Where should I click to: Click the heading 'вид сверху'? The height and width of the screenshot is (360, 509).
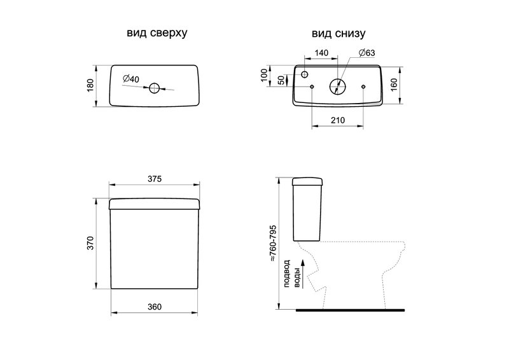tap(157, 34)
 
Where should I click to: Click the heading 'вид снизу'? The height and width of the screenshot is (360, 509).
tap(338, 34)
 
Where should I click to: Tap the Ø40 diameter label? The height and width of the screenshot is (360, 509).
tap(131, 79)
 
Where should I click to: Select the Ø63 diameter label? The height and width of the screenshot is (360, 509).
tap(367, 53)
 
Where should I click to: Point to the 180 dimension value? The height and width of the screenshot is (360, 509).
tap(90, 85)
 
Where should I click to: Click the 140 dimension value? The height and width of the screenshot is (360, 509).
tap(321, 53)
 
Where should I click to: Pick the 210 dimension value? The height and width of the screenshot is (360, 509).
tap(338, 120)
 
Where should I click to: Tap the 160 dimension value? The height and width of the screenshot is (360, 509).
tap(394, 85)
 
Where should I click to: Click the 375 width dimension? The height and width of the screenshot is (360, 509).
tap(155, 179)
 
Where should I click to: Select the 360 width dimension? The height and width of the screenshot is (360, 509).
tap(155, 307)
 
